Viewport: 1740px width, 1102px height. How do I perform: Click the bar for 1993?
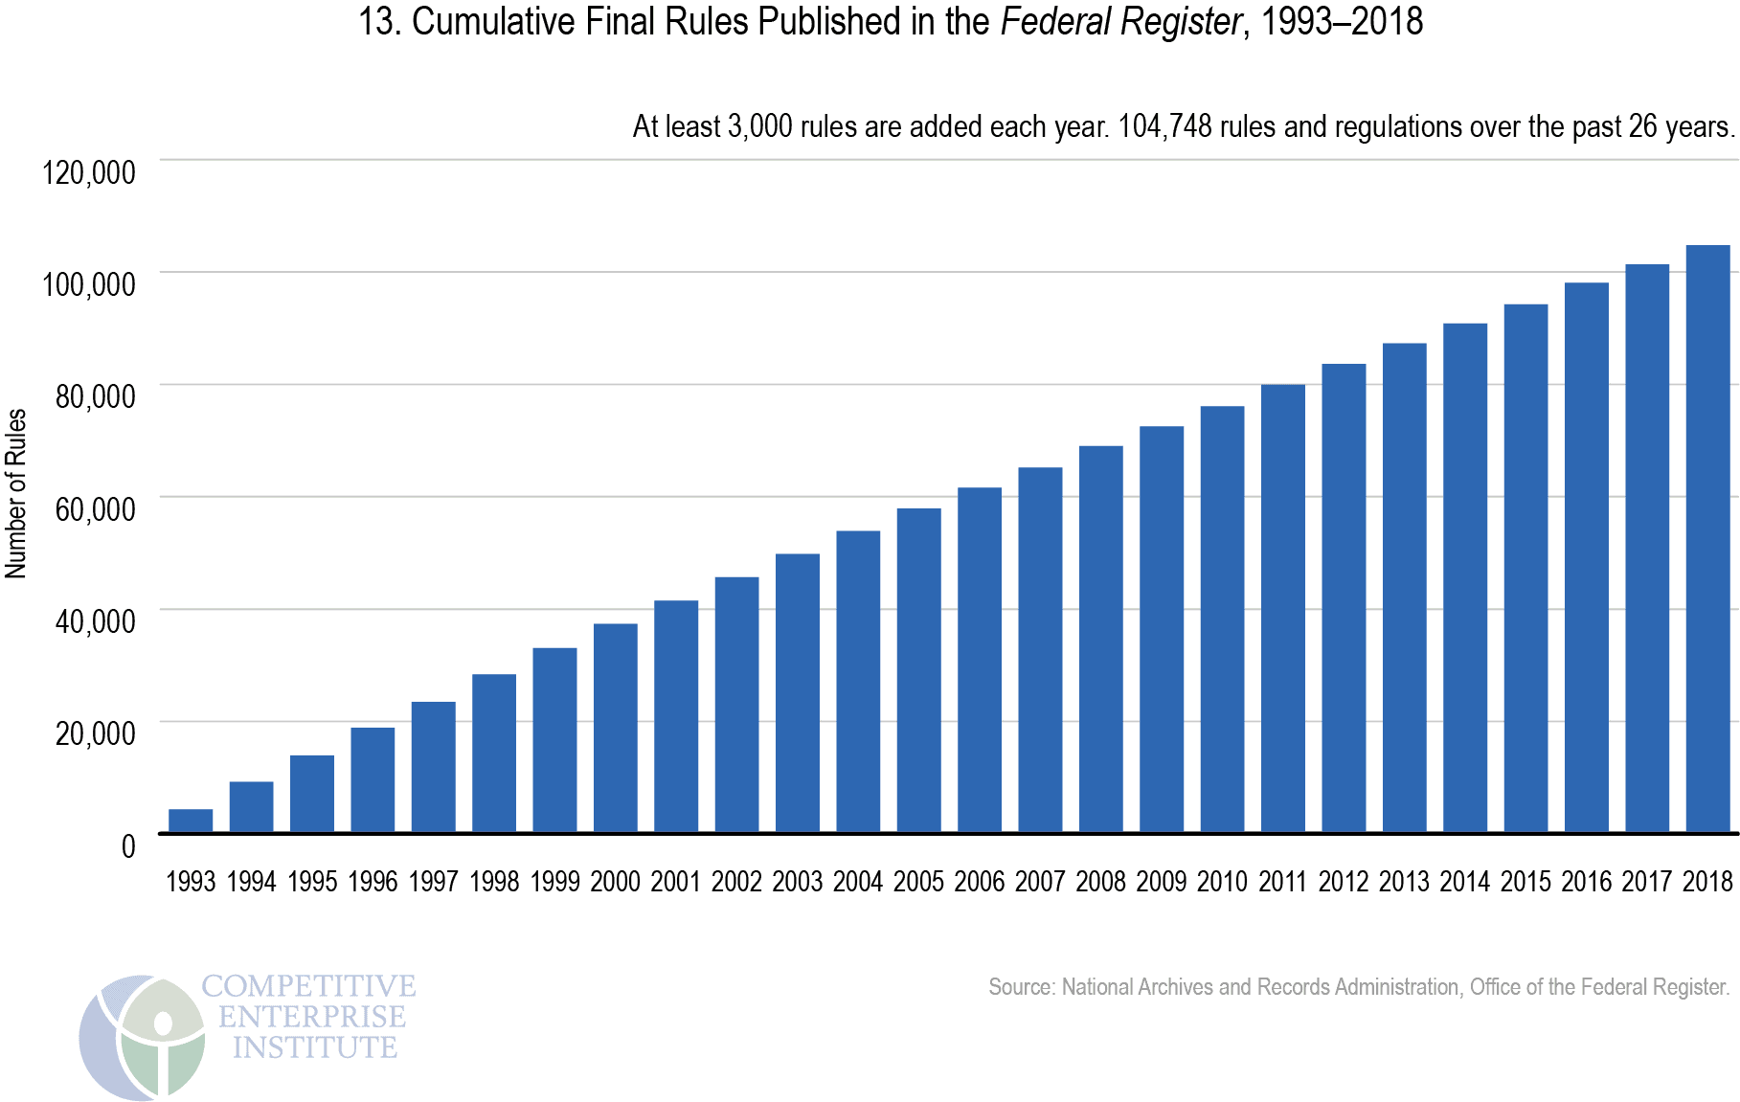pyautogui.click(x=191, y=821)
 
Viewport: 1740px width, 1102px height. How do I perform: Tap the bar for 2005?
pyautogui.click(x=918, y=670)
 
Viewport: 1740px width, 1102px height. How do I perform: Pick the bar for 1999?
pyautogui.click(x=554, y=740)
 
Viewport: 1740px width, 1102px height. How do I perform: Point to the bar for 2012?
pyautogui.click(x=1344, y=598)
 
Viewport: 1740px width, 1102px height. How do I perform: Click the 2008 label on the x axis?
pyautogui.click(x=1100, y=881)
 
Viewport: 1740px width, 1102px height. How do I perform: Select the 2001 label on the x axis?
pyautogui.click(x=676, y=881)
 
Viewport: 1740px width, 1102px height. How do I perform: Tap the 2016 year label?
pyautogui.click(x=1586, y=881)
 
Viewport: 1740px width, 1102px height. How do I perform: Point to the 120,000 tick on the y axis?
pyautogui.click(x=89, y=172)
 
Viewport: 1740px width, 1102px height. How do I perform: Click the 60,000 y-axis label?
pyautogui.click(x=95, y=508)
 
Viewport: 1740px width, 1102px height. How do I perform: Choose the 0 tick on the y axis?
pyautogui.click(x=128, y=846)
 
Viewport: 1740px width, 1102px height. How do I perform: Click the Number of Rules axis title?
pyautogui.click(x=16, y=493)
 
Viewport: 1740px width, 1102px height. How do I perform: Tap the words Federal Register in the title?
pyautogui.click(x=1121, y=21)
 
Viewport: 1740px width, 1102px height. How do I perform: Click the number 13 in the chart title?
pyautogui.click(x=376, y=21)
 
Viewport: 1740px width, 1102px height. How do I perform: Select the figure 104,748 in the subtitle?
pyautogui.click(x=1164, y=126)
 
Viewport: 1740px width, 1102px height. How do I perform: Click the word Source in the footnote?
pyautogui.click(x=1019, y=987)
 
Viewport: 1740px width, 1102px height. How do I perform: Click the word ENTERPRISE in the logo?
pyautogui.click(x=312, y=1016)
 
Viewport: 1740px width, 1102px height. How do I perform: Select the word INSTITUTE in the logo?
pyautogui.click(x=314, y=1047)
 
